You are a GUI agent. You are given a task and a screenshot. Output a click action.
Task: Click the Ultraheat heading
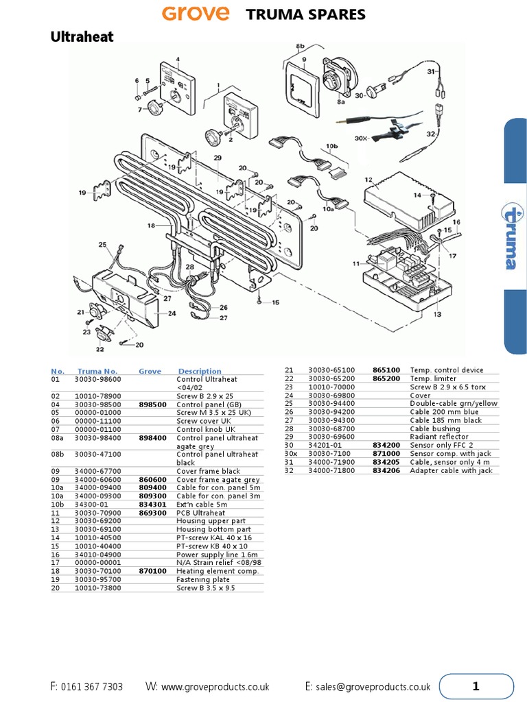coord(82,37)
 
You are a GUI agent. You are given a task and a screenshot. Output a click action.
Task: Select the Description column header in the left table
coord(200,372)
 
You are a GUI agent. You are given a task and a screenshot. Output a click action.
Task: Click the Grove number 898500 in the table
coord(152,404)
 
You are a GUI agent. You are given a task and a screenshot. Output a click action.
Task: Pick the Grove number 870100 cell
coord(152,570)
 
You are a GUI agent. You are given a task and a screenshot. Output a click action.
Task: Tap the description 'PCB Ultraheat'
coord(200,513)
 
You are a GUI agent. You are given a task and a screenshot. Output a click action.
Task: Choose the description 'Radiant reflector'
coord(435,437)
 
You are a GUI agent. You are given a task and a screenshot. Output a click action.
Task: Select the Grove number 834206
coord(386,470)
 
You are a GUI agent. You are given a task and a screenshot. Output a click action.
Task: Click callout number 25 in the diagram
coord(102,244)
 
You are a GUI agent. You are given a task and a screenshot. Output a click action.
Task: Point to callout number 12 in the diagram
coord(368,180)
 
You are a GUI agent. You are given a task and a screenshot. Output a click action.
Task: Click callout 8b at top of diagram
coord(300,46)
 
